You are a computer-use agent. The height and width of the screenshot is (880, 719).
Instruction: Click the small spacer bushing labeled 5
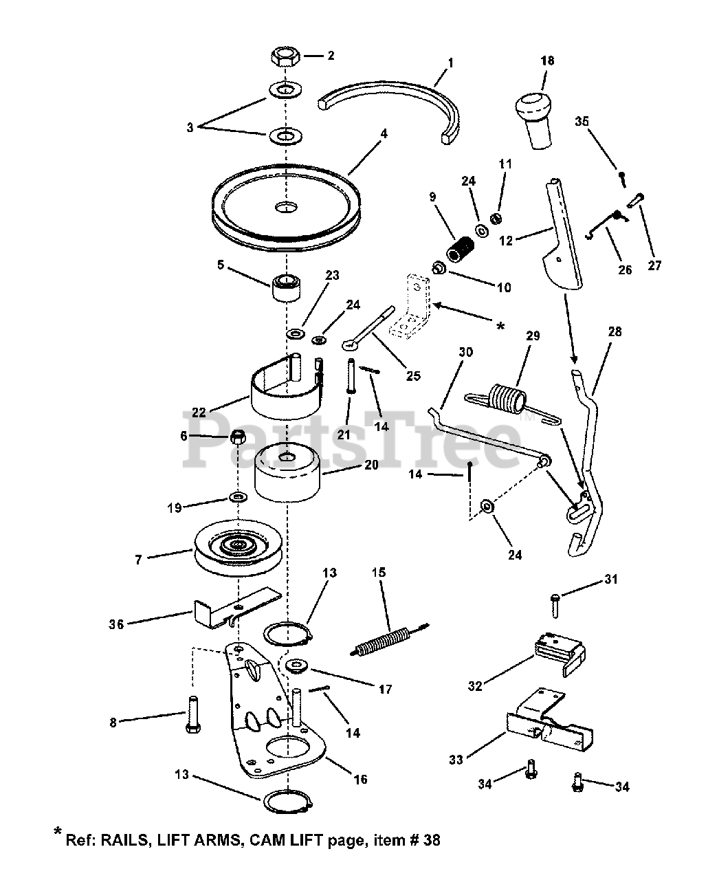click(x=287, y=287)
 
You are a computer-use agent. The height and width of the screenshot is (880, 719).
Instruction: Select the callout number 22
click(x=199, y=412)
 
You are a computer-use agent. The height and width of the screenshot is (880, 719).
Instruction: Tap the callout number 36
click(x=117, y=624)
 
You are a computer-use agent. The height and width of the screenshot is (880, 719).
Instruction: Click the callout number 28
click(x=614, y=332)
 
